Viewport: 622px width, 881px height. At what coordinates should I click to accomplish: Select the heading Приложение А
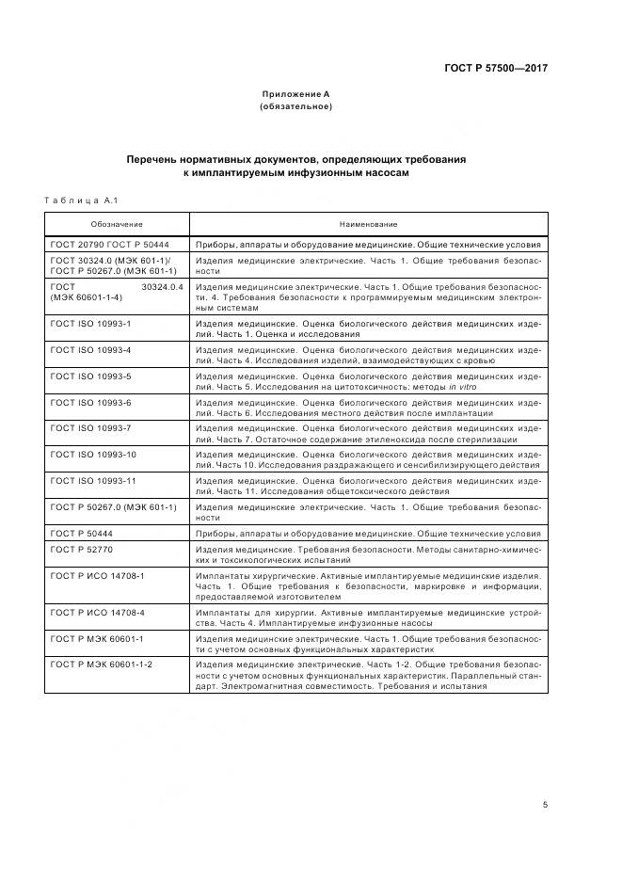[x=295, y=94]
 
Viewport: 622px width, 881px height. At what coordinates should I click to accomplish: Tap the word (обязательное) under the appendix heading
[x=295, y=106]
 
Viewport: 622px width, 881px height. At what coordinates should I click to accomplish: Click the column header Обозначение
[x=117, y=224]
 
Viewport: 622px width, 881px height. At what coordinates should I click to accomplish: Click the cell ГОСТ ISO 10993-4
[x=91, y=350]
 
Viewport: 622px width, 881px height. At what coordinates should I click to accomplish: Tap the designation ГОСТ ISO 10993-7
[x=91, y=428]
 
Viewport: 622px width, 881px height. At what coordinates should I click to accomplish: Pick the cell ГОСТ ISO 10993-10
[x=94, y=455]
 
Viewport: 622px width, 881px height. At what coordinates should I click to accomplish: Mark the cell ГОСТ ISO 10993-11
[x=94, y=480]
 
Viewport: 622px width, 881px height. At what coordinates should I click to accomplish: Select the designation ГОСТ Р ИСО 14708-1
[x=98, y=572]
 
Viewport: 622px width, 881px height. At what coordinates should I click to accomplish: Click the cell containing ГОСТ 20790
[x=79, y=244]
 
